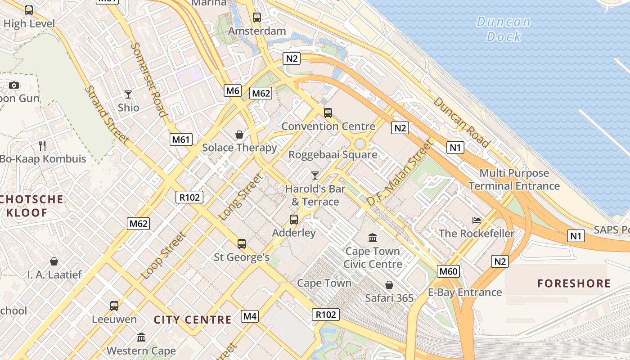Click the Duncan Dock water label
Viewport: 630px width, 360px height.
(504, 29)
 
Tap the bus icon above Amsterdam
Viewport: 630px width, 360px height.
(257, 18)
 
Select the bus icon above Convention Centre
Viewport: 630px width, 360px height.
(328, 112)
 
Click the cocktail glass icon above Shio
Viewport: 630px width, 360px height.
(128, 94)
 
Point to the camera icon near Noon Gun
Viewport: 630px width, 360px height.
(14, 85)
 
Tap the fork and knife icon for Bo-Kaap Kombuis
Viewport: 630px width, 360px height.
(42, 145)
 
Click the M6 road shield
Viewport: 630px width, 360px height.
(233, 90)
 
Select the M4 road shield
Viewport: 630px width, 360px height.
(250, 316)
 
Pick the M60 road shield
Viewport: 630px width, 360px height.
(448, 271)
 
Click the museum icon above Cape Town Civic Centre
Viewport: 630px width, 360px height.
(373, 238)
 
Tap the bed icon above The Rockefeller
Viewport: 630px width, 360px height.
(477, 220)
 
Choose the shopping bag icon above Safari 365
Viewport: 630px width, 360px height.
(389, 285)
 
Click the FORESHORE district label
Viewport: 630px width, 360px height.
(574, 283)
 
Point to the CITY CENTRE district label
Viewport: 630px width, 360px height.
(193, 320)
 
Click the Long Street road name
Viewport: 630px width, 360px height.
(241, 197)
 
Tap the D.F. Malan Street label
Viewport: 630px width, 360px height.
(399, 173)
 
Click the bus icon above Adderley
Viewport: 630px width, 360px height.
(294, 220)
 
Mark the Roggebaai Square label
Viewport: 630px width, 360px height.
(333, 155)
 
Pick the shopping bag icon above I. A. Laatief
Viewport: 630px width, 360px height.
(54, 261)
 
